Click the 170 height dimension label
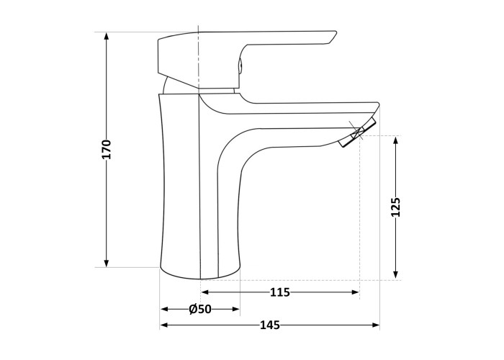click(107, 150)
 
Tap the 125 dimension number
click(396, 207)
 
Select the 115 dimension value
click(279, 292)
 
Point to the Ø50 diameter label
click(200, 309)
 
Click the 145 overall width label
click(270, 325)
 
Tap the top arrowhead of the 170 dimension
click(107, 36)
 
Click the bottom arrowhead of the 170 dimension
click(107, 263)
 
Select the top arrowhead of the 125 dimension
click(396, 140)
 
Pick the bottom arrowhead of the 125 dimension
click(396, 275)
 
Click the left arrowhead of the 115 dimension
click(205, 292)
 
